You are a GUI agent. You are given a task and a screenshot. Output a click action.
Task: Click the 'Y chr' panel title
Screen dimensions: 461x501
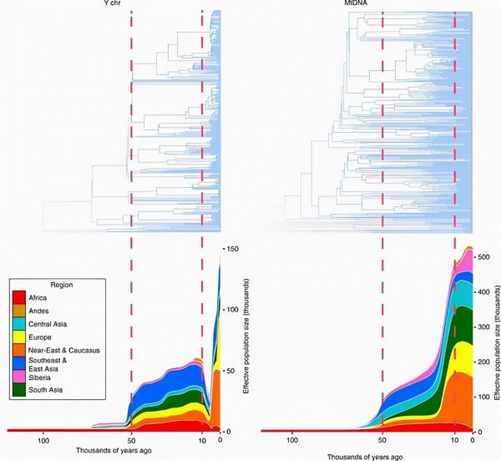[172, 4]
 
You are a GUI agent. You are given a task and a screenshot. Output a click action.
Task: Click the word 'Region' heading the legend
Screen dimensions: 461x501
[64, 285]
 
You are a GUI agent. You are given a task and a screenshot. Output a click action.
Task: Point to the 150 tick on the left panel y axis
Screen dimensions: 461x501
[233, 249]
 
